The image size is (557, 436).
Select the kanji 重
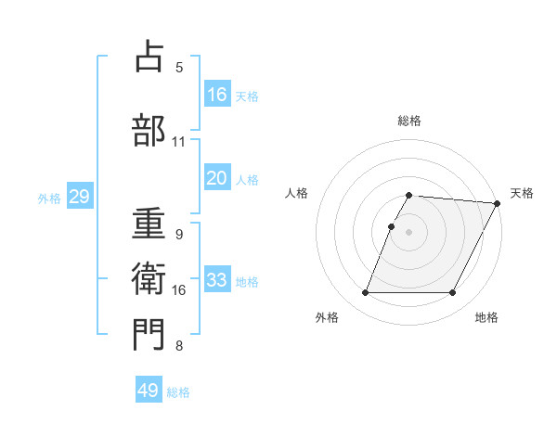coord(149,222)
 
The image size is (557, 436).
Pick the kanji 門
coord(149,334)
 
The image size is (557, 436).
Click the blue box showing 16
coord(217,94)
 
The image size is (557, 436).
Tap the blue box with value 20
coord(217,178)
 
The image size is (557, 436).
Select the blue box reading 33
coord(217,280)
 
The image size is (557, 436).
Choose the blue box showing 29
coord(79,197)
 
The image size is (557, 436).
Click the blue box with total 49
coord(149,391)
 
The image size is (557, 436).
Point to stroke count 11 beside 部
coord(178,142)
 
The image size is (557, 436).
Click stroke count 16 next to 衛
coord(178,290)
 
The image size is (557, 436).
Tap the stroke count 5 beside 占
coord(178,67)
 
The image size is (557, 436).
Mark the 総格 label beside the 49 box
coord(178,392)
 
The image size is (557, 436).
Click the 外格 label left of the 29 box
coord(49,198)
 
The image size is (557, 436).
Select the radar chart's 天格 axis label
coord(522,193)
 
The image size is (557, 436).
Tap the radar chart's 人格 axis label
coord(297,193)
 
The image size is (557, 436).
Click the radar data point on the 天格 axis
coord(498,203)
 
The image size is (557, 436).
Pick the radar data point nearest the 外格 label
coord(365,293)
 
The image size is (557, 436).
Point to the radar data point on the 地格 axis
coord(453,293)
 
